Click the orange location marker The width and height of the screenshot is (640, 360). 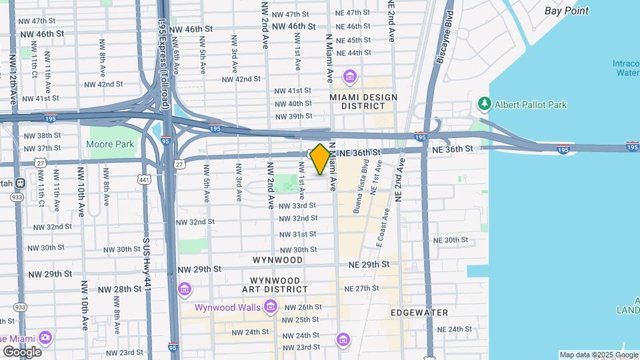coord(320,159)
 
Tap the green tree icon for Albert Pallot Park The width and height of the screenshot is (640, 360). coord(484,104)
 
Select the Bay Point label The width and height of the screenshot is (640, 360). coord(566,11)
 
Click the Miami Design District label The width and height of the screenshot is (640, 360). coord(363,101)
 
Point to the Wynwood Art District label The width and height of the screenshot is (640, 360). coord(279,285)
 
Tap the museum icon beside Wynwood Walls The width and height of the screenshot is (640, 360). coord(270,307)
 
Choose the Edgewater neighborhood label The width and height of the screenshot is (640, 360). coord(419,312)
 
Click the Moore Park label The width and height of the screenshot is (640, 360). coord(110,144)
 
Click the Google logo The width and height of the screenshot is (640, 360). coord(21,351)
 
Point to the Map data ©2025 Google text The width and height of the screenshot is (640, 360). coord(597,355)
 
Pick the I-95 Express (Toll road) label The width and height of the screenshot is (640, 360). coord(162,53)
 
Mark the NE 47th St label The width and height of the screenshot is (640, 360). coord(353,13)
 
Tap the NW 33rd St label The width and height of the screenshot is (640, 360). coord(297,205)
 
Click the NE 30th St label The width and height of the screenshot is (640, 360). coord(451,240)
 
